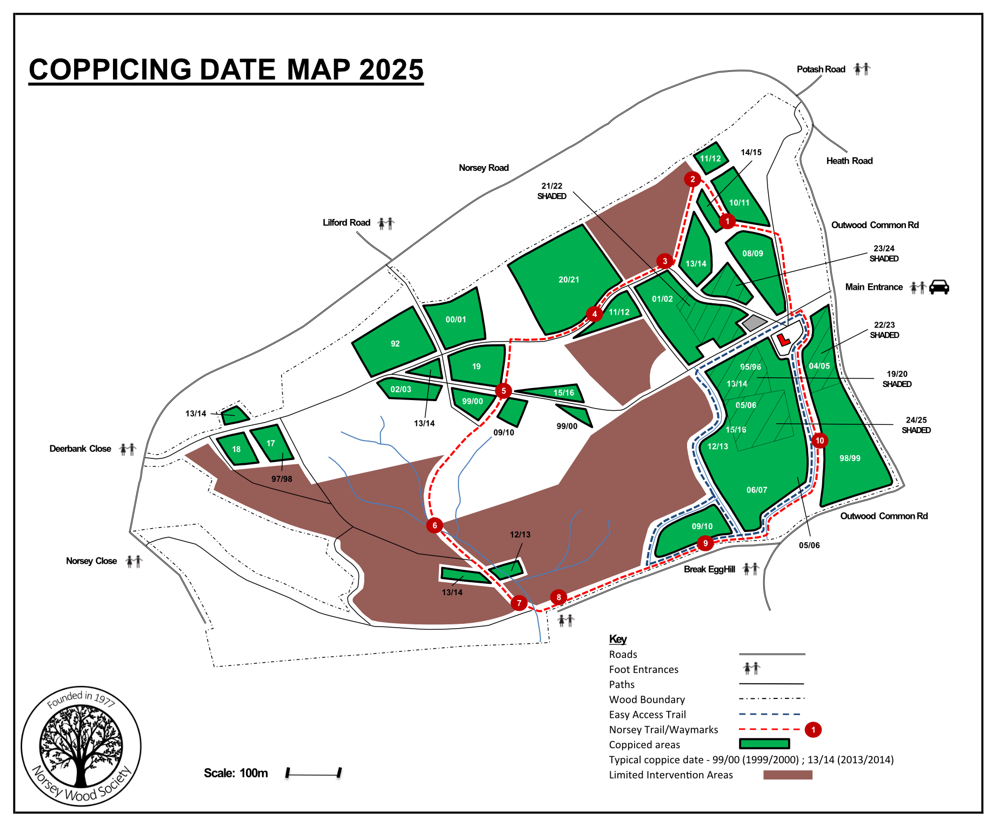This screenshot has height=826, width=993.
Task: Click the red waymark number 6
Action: point(435,525)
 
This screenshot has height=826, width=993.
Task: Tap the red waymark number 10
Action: point(819,441)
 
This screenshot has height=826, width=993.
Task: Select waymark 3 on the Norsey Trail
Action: point(665,261)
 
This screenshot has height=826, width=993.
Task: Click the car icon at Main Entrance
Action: point(939,287)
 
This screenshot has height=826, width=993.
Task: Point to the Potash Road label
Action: point(821,69)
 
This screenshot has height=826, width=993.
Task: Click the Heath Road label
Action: point(849,161)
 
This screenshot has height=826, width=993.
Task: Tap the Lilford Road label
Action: point(346,223)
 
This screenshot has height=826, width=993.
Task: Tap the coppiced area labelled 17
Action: point(271,444)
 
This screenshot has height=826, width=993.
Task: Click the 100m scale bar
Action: point(314,773)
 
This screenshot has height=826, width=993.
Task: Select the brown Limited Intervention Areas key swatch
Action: point(788,775)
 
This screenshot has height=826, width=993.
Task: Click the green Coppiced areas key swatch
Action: point(764,744)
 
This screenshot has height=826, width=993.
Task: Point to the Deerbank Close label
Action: point(80,449)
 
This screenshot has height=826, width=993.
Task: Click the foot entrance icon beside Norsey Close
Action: point(134,561)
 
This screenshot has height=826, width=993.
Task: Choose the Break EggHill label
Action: point(709,569)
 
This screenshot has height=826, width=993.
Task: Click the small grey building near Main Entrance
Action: point(754,323)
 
